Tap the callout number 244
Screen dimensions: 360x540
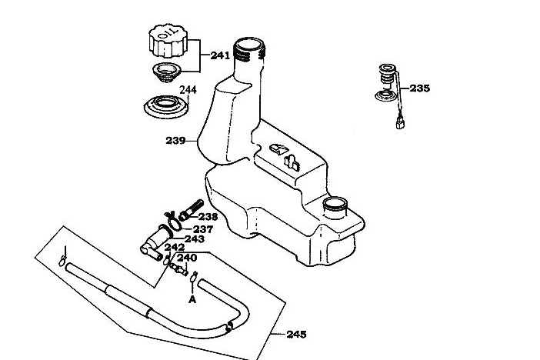point(188,90)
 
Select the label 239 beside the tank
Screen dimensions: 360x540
point(175,141)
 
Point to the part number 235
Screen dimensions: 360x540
point(420,88)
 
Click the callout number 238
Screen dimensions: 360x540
point(208,217)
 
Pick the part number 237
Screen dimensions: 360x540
point(203,228)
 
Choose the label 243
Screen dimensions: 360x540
point(194,238)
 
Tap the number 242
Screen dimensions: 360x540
point(175,247)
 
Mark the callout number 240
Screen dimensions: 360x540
point(188,258)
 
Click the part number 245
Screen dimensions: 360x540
point(296,335)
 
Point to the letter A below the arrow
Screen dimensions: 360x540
point(192,300)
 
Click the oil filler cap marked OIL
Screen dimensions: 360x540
point(168,40)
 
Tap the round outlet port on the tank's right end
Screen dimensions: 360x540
point(336,206)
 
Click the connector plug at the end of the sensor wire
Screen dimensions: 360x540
point(401,122)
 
